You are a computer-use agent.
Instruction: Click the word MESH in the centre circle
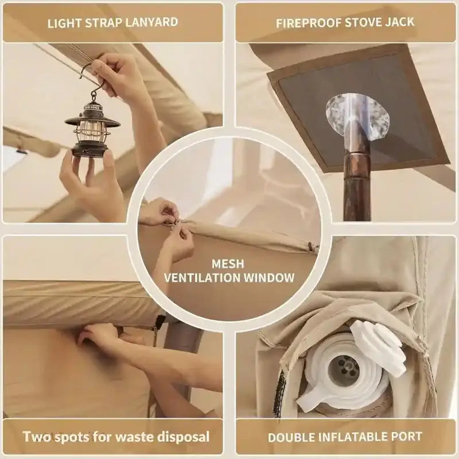point(228,264)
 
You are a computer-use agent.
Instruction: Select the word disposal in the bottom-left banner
point(184,437)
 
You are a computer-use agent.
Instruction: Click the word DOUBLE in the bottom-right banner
point(291,437)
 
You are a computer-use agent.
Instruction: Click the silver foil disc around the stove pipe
point(357,116)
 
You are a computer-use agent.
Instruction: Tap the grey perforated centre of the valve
point(345,368)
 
